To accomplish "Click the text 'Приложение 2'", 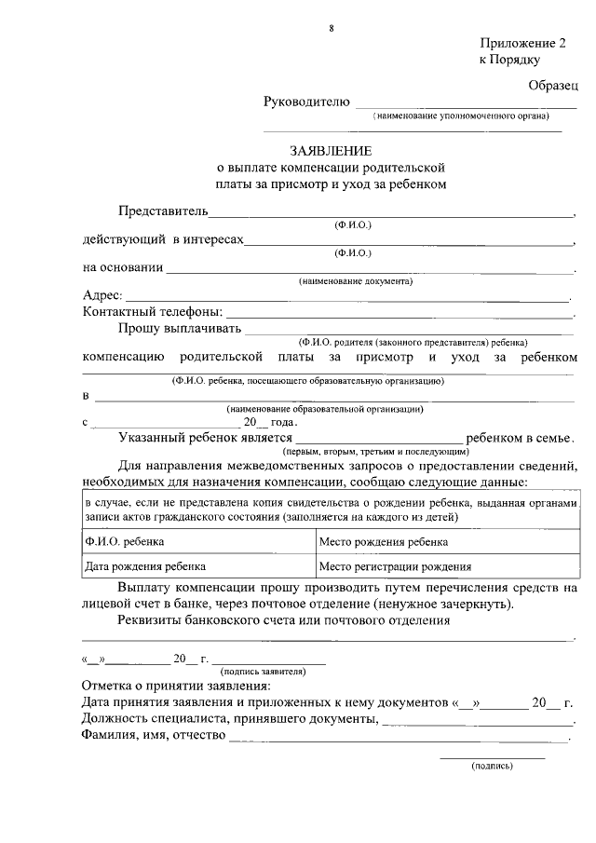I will coord(522,43).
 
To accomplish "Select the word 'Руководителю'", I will coord(306,102).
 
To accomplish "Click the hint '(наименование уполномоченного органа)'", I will coord(461,116).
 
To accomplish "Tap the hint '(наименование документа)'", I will coord(355,280).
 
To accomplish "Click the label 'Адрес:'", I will coord(102,295).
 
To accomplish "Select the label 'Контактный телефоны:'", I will coord(153,311).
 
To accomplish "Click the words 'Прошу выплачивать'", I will coord(180,327).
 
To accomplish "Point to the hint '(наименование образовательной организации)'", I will coord(326,409).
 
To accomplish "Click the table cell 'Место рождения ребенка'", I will coord(383,541).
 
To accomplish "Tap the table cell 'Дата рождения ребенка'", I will coord(144,565).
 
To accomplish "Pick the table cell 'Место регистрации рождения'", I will coord(395,565).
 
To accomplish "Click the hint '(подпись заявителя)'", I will coord(262,671).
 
